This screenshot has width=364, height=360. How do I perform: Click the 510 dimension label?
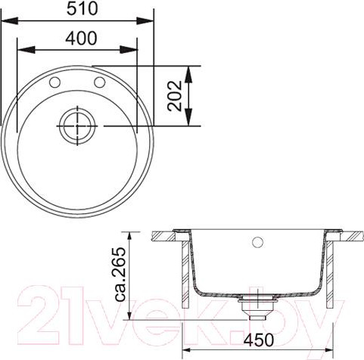(82, 9)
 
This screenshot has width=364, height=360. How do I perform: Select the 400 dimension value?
(81, 39)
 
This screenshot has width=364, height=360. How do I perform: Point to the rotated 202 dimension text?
(175, 95)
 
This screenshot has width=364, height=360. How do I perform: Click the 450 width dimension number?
(257, 340)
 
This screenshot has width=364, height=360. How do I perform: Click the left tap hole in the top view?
(54, 82)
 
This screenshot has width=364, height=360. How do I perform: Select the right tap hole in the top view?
(100, 82)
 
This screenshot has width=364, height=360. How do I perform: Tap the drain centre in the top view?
(77, 126)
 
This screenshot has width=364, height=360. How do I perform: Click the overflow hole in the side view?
(257, 242)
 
